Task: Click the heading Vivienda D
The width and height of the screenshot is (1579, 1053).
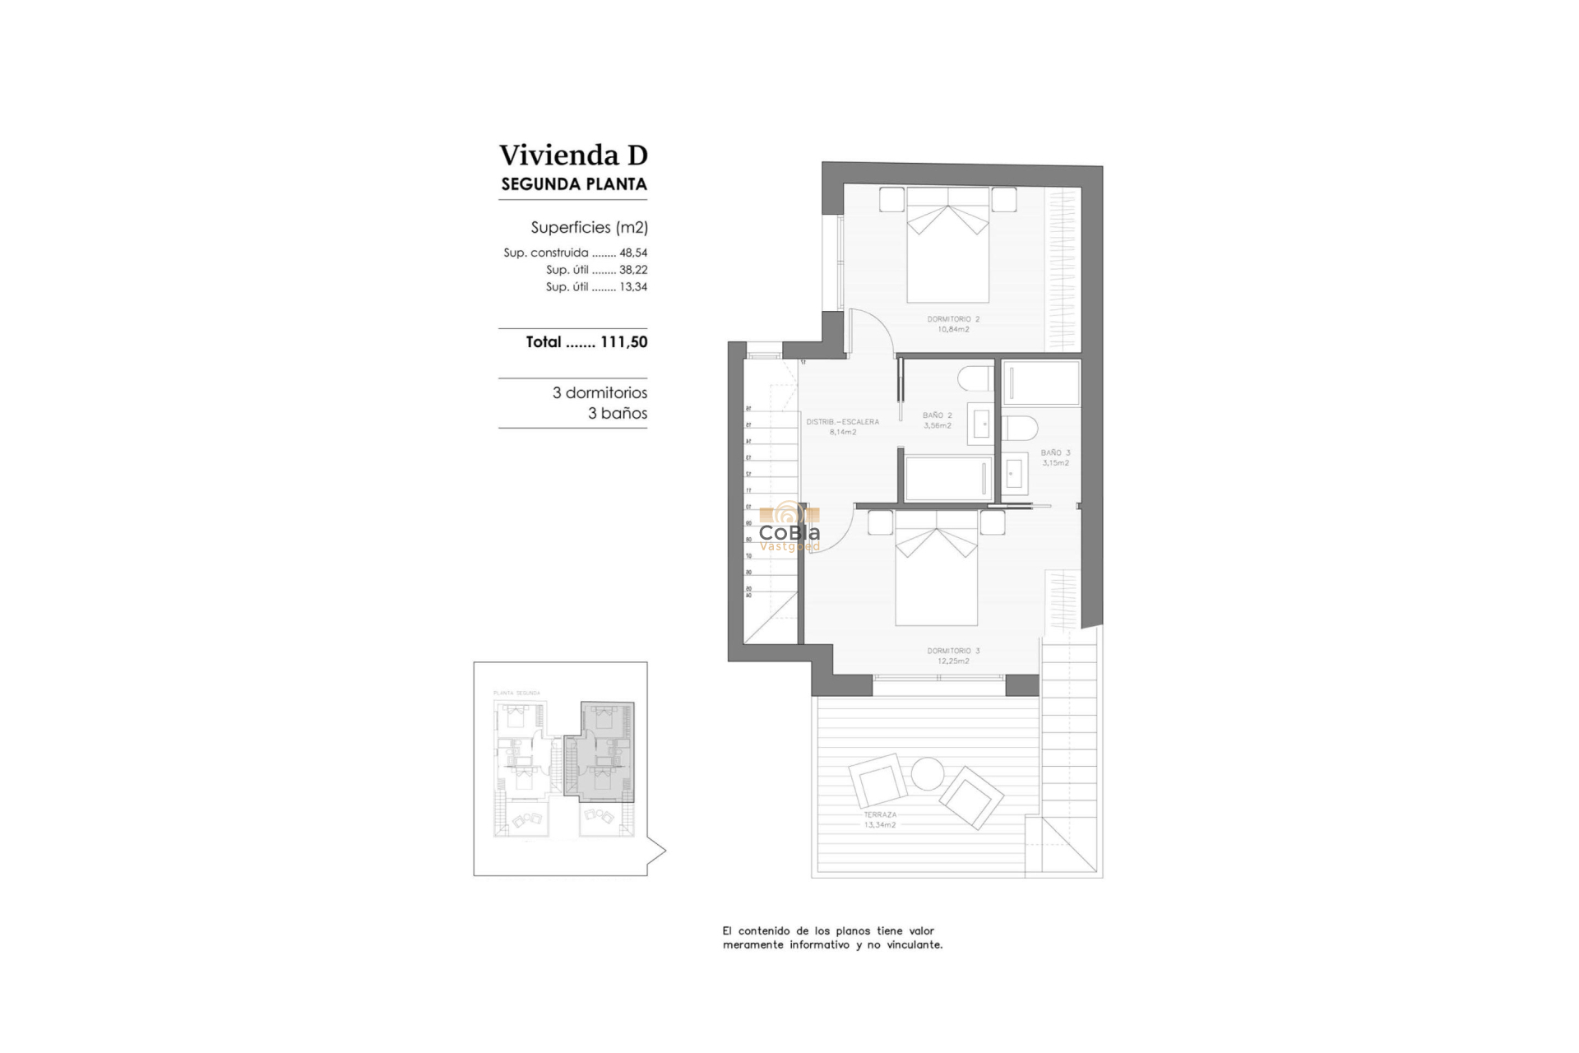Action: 573,155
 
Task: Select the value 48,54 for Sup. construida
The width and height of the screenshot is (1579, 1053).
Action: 633,253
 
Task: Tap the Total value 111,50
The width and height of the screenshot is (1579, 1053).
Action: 623,342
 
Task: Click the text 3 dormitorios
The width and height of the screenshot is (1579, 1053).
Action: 600,393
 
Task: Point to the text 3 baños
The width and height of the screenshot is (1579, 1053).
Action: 617,414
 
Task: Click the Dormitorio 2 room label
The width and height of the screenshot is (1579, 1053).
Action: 953,323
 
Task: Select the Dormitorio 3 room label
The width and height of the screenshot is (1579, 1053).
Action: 953,656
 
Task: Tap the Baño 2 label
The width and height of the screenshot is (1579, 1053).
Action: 937,420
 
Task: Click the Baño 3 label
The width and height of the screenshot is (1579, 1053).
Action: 1055,457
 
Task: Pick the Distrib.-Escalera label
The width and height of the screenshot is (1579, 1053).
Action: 842,426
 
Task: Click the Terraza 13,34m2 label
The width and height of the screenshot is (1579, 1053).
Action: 879,819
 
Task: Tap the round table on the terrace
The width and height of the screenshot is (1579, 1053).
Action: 927,774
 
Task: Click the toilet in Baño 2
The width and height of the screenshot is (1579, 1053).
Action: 975,378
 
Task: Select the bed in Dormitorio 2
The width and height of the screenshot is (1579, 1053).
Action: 947,251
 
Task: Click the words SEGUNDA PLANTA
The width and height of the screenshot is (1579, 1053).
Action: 573,184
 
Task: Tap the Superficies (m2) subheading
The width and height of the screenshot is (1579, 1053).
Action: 589,227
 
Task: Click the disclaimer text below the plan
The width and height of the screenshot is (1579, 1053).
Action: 831,938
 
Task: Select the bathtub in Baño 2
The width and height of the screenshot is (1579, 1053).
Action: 947,478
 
